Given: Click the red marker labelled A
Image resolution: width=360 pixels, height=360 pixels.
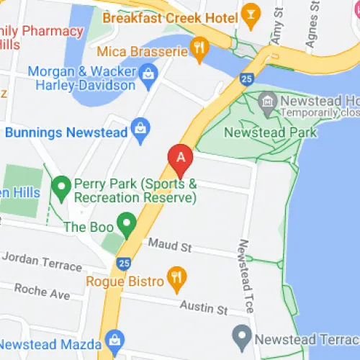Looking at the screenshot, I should [180, 156].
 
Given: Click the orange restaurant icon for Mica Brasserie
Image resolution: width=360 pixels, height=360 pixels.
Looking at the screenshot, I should [199, 50].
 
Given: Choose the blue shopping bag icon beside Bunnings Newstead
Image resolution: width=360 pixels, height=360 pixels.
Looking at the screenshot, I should [141, 131].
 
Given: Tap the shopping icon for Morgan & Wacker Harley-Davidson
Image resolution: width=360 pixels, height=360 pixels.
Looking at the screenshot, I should [149, 72].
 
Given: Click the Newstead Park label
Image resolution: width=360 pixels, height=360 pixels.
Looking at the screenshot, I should [270, 133].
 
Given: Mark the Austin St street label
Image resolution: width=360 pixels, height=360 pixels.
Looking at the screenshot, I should [203, 308].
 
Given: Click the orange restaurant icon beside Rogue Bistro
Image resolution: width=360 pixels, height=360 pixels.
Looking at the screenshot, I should [175, 276].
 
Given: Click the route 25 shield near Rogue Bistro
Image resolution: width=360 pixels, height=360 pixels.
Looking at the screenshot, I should [125, 264].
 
